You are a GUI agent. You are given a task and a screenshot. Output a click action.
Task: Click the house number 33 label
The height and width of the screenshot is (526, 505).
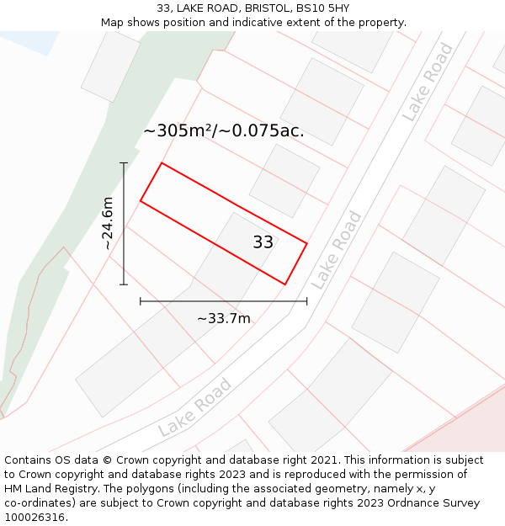pos(263,242)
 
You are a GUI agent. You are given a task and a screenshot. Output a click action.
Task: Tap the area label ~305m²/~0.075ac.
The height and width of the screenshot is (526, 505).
pos(224,131)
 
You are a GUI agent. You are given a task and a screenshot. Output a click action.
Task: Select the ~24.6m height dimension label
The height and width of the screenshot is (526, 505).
pos(107,223)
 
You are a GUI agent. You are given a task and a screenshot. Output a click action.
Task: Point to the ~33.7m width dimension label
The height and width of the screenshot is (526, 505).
pos(224,318)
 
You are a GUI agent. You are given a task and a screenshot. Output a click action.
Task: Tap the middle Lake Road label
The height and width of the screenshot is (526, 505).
pos(336,250)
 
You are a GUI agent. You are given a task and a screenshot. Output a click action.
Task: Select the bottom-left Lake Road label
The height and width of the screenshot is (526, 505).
pos(194,407)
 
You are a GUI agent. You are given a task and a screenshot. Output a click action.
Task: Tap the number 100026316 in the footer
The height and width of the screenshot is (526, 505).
pos(34,518)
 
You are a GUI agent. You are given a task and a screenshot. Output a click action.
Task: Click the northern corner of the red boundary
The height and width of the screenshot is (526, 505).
pos(162,163)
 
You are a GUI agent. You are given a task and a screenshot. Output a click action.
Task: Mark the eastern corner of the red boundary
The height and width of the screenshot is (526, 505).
pos(306,244)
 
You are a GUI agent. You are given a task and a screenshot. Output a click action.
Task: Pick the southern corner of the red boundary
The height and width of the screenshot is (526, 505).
pos(285,284)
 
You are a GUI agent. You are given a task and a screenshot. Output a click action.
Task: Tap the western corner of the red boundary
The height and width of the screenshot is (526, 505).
pos(141,201)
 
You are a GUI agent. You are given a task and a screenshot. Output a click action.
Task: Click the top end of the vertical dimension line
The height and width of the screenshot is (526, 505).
pos(124,163)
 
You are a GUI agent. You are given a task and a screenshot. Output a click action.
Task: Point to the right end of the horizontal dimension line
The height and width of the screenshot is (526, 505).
pos(306,300)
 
